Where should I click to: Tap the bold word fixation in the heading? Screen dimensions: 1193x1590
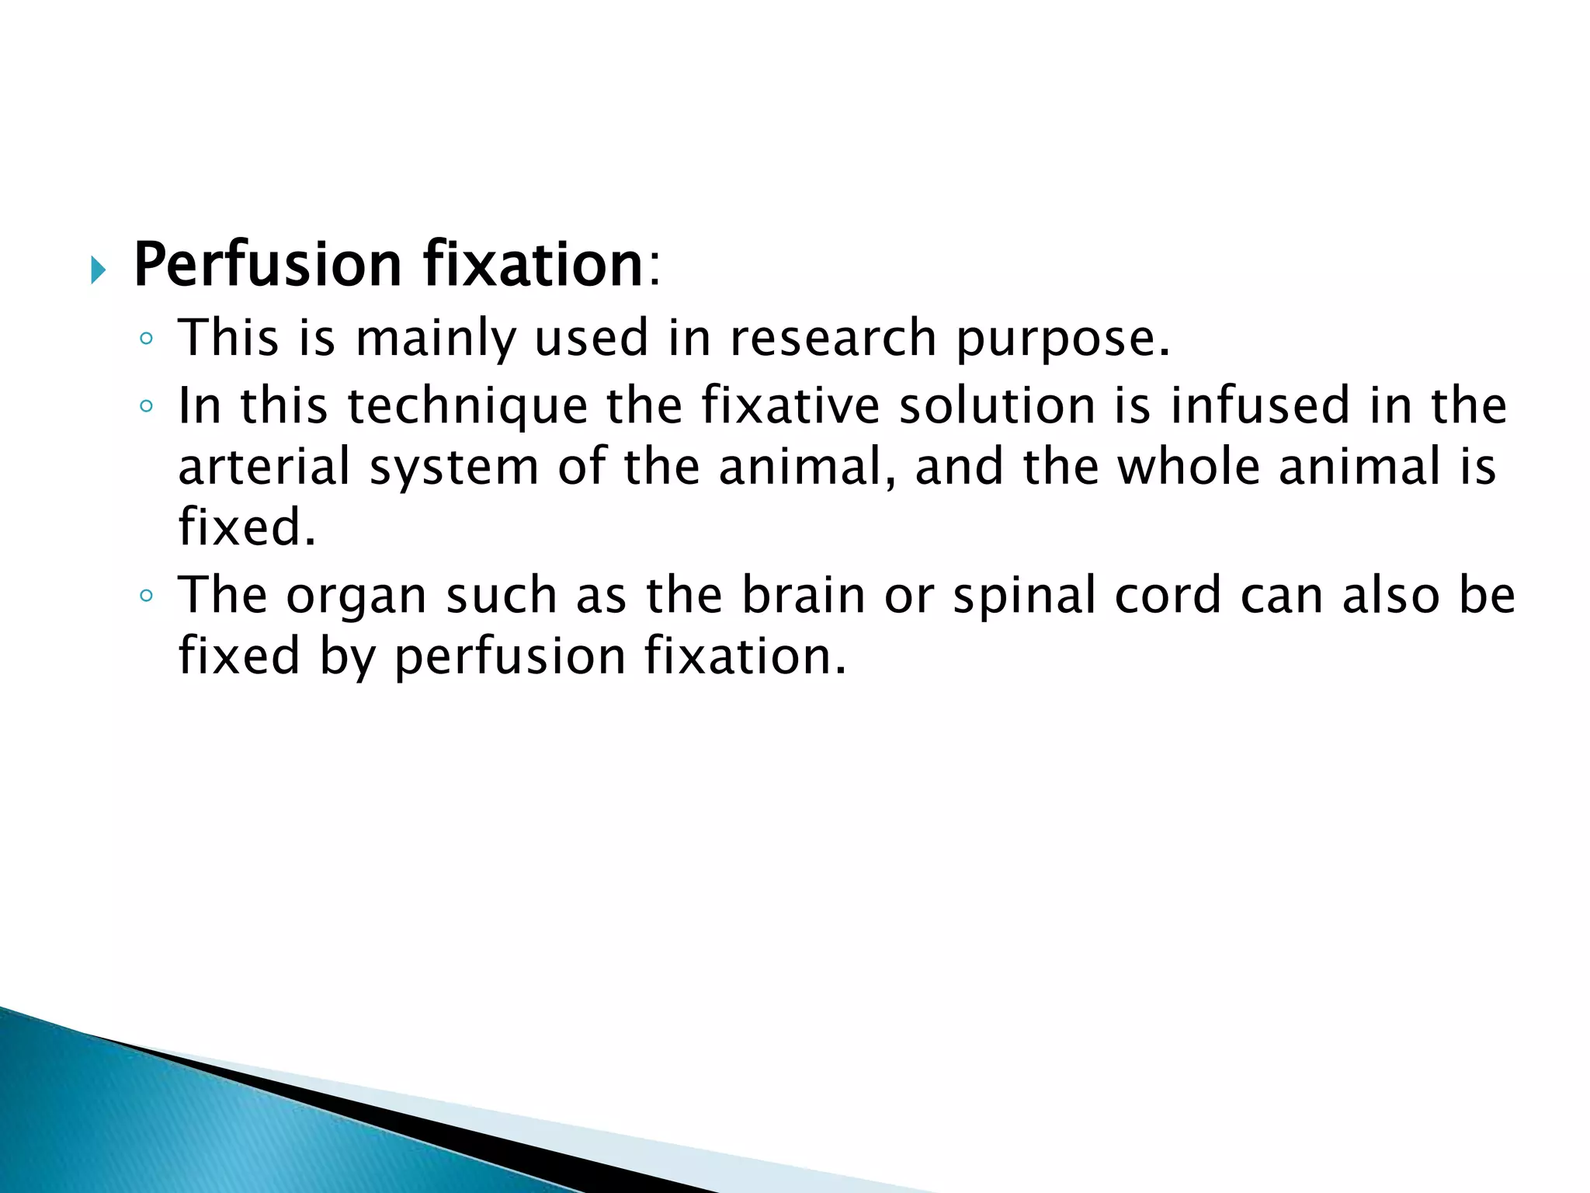[533, 266]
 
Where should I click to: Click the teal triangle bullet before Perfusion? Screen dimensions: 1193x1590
[97, 270]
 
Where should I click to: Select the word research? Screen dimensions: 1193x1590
[833, 339]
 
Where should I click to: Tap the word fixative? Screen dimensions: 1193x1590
[790, 406]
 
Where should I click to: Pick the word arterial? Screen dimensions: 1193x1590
[264, 467]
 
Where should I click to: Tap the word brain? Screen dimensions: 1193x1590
[803, 596]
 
